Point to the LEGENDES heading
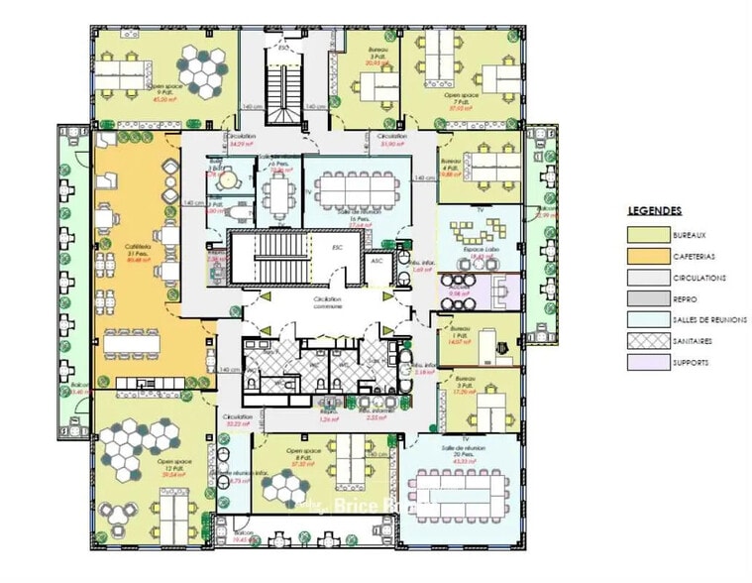point(654,211)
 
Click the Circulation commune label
point(328,302)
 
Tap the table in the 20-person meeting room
point(457,494)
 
